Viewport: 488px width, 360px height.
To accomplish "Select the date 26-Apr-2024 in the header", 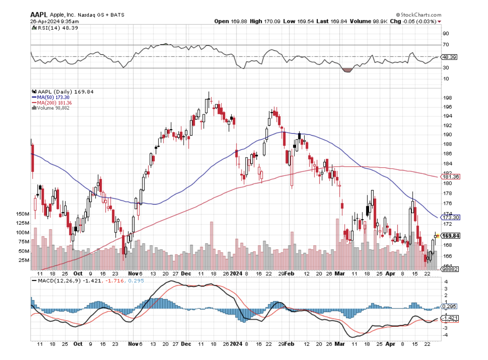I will [x=44, y=21].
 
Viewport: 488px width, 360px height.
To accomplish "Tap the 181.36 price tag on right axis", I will [x=450, y=177].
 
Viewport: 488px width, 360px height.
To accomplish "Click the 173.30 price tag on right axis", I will [x=450, y=217].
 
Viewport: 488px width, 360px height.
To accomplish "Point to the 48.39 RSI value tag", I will [x=449, y=57].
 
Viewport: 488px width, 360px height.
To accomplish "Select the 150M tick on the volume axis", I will [x=23, y=214].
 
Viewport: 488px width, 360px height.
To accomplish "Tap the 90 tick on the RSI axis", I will [x=445, y=34].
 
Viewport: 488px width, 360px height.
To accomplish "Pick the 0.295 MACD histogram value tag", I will [x=449, y=306].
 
